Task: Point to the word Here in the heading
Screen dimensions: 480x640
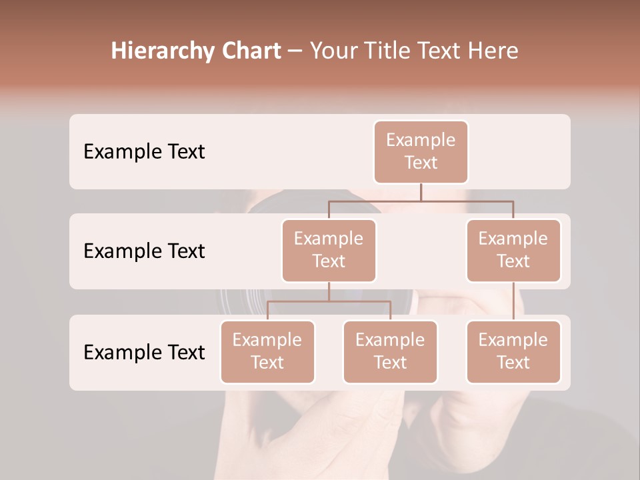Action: pos(492,51)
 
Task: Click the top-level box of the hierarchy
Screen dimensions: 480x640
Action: pos(421,152)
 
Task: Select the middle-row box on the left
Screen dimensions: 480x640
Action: pos(329,251)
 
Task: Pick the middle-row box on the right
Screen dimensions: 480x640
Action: pos(513,251)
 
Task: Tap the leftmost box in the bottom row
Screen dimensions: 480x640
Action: pos(267,352)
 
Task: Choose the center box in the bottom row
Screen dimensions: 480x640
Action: pos(390,352)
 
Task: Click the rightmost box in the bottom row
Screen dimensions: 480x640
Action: pos(513,352)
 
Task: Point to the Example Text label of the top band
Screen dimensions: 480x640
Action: pos(144,152)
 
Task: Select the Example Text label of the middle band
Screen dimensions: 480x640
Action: pos(144,251)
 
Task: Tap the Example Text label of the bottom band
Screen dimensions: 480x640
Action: pos(144,352)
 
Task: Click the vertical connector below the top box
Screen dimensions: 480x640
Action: pos(421,192)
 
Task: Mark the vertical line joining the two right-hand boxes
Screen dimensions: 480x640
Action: pos(513,301)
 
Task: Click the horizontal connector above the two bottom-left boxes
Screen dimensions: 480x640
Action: pos(329,301)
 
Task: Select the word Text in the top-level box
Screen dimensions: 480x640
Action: pos(421,163)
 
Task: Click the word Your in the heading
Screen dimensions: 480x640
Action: pos(332,51)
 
